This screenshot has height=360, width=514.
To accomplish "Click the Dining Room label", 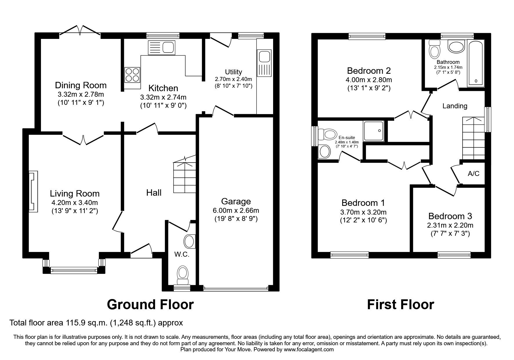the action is pos(81,85).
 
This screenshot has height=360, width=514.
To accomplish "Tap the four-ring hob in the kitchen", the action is pos(132,75).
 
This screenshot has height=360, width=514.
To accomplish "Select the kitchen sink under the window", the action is pos(162,47).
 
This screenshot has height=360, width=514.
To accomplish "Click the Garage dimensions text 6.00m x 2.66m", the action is pos(236,210).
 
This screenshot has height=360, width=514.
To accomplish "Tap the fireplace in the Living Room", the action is pos(33,192).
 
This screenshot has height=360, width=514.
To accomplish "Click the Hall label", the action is pos(154,192).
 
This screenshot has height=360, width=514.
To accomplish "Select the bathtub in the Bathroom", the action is pos(475,64).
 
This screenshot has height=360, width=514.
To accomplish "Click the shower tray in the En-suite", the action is pos(374,131).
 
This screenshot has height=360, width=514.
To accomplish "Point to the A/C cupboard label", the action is pos(473,174).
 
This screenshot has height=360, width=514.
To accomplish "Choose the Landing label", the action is pos(455,106).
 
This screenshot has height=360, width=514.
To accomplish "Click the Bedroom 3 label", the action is pos(450,216).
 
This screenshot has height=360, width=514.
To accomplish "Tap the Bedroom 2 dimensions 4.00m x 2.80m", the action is pos(369,80).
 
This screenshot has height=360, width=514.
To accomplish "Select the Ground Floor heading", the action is pos(150,305).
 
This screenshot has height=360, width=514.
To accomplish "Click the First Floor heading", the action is pos(401,305).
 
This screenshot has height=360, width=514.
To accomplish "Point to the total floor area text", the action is pos(96,323).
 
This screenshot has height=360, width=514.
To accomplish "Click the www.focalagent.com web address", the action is pos(309,350).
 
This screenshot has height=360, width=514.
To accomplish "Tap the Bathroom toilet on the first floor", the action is pos(434,49).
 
